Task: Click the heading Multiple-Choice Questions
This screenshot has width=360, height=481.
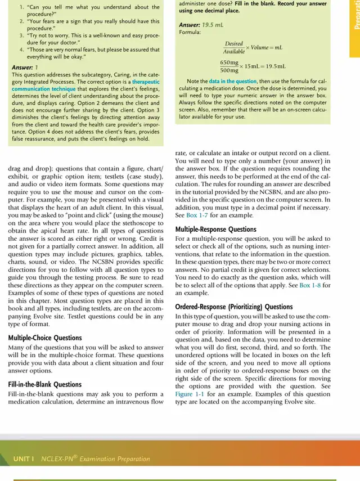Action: click(x=45, y=338)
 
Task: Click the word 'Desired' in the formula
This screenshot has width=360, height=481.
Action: click(x=233, y=43)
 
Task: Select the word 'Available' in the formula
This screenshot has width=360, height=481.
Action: click(x=233, y=51)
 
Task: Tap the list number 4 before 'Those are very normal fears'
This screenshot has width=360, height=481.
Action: click(x=21, y=50)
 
